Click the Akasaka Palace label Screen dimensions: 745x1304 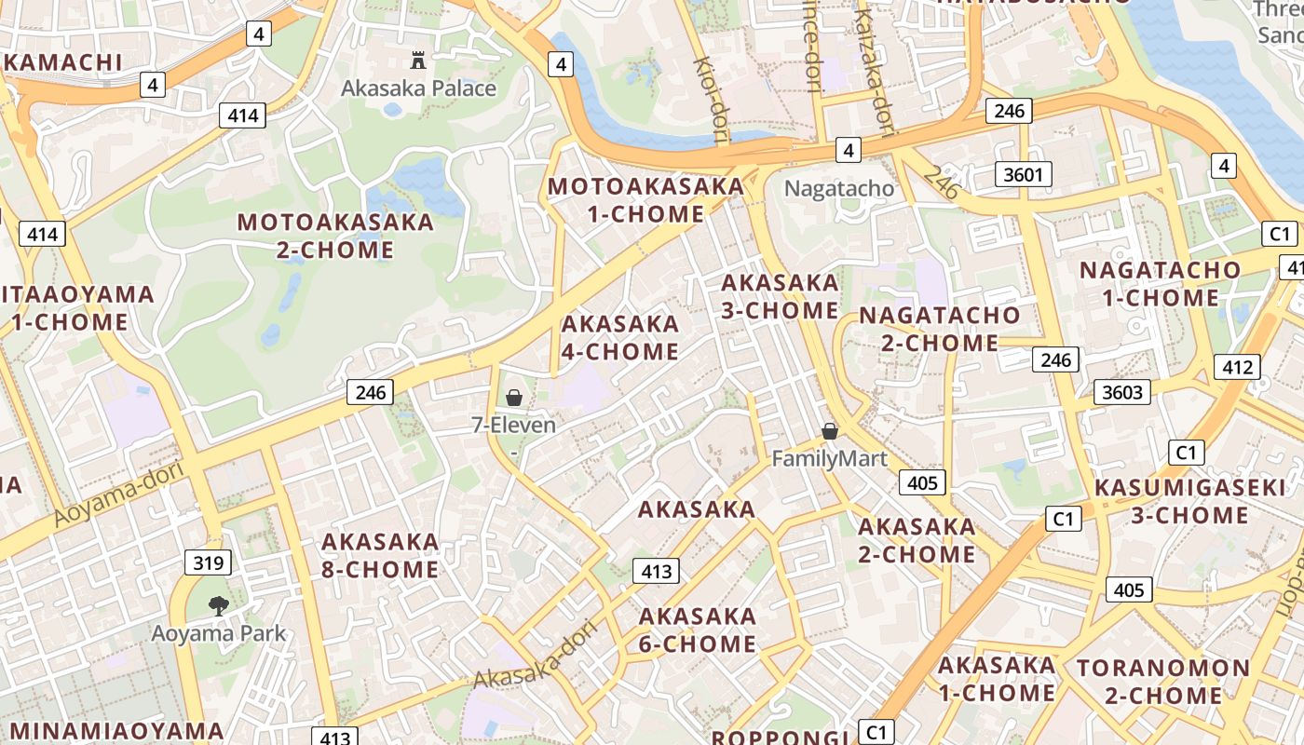click(418, 88)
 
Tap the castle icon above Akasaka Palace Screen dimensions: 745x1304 click(418, 61)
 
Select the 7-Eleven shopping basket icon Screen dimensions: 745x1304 click(513, 398)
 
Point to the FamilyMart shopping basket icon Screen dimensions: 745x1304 click(829, 431)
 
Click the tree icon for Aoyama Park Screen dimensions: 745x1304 click(219, 606)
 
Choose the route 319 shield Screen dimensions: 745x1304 click(208, 562)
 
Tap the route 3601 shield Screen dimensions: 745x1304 click(1024, 174)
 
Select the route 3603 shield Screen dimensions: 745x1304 click(1121, 392)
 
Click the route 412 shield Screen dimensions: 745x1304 click(1237, 367)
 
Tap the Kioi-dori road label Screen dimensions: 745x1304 click(711, 100)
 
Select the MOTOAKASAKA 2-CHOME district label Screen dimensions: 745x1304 click(335, 236)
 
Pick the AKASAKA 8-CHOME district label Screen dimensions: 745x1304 click(380, 555)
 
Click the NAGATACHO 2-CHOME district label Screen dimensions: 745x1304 click(940, 329)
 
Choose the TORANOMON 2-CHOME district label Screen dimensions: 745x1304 click(1162, 682)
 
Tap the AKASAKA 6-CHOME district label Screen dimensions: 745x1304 click(698, 630)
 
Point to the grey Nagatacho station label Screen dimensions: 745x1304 click(838, 188)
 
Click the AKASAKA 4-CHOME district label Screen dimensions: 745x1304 click(620, 337)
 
